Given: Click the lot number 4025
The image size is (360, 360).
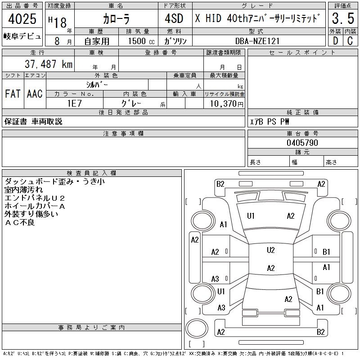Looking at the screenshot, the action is (x=22, y=19).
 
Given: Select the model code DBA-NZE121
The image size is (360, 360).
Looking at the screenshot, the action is (x=257, y=40).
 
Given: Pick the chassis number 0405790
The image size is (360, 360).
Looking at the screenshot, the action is (x=302, y=143).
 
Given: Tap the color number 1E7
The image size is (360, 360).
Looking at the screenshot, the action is (x=74, y=103).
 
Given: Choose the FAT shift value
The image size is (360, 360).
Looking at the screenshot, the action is (x=12, y=94).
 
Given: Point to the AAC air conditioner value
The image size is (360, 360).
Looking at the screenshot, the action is (x=35, y=94).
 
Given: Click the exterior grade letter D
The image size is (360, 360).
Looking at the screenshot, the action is (x=335, y=40).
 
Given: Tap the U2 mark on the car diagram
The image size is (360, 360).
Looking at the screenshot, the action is (x=270, y=250).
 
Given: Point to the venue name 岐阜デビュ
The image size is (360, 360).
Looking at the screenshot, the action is (x=22, y=36).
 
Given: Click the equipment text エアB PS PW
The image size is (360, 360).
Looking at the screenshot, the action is (x=270, y=121).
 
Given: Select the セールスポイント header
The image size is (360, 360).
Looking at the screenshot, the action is (x=302, y=53).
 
